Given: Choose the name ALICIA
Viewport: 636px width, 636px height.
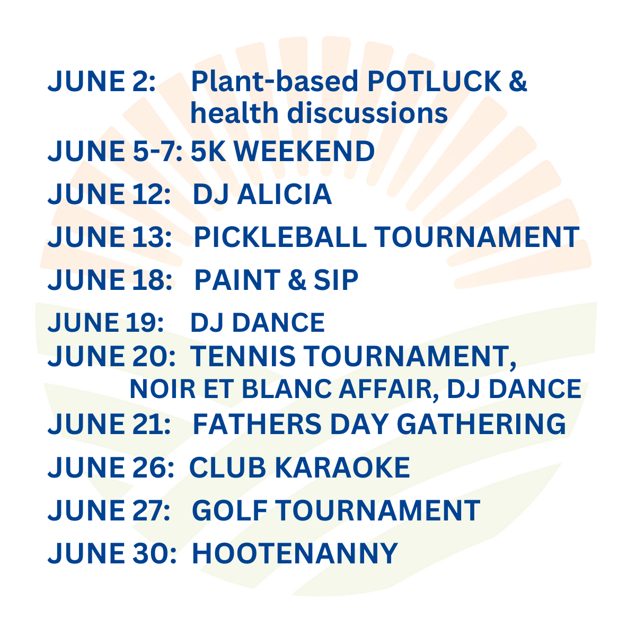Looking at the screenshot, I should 284,194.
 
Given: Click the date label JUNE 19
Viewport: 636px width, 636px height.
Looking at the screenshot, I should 105,323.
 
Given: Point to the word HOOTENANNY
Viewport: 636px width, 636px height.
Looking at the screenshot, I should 294,553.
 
